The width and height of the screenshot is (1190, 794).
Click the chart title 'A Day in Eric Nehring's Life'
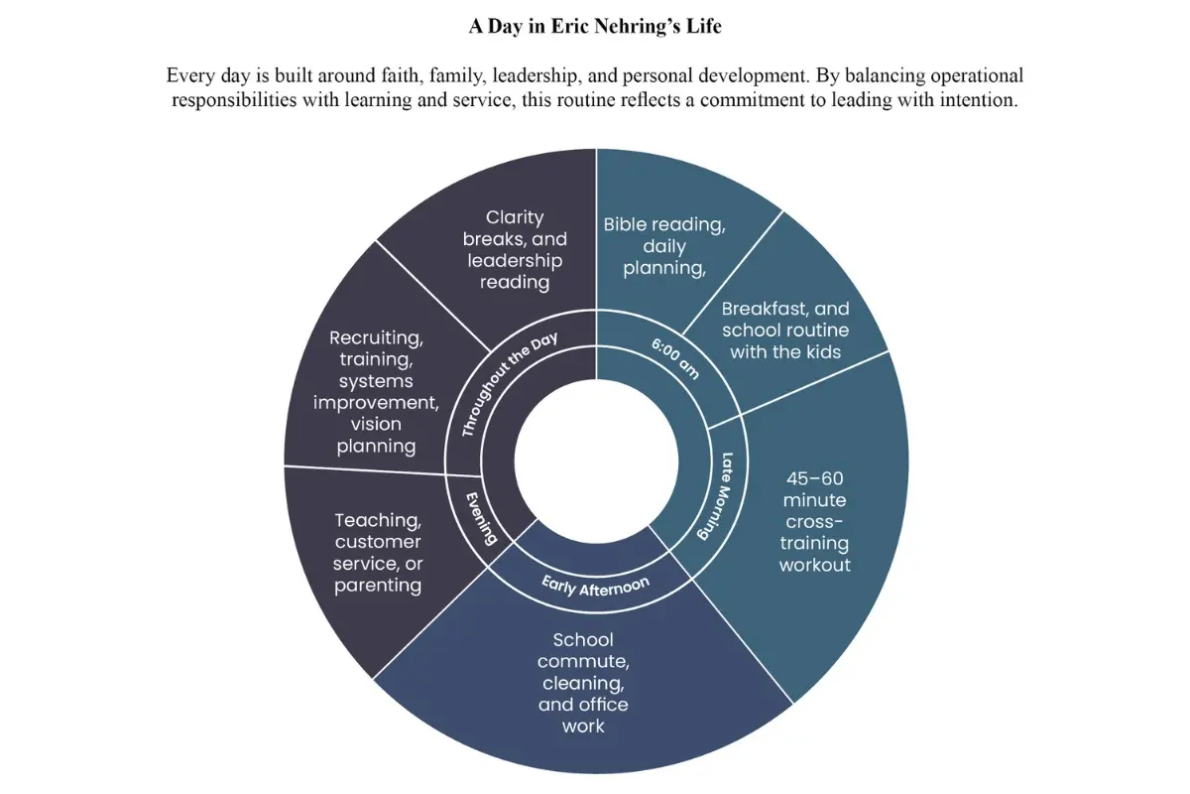tap(595, 26)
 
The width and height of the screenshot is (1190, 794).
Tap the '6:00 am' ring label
tap(675, 358)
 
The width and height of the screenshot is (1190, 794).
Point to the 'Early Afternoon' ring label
tap(596, 586)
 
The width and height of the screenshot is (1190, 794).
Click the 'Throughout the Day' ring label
tap(509, 384)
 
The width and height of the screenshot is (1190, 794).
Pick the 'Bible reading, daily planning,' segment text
tap(664, 246)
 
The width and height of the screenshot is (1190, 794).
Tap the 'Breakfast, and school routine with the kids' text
tap(785, 331)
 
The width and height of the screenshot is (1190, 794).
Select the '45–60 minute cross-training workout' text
tap(814, 522)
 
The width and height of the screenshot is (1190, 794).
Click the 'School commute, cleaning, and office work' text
tap(583, 683)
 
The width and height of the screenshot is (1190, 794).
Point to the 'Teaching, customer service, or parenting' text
tap(378, 553)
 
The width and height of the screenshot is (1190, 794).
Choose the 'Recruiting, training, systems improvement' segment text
tap(376, 391)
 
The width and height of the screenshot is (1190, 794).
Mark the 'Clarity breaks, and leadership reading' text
tap(515, 249)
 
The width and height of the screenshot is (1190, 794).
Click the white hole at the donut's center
tap(596, 462)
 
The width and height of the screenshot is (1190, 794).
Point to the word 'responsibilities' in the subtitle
tap(234, 100)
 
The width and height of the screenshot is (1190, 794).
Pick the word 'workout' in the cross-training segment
tap(815, 565)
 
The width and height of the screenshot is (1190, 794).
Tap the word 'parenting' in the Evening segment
tap(378, 586)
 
